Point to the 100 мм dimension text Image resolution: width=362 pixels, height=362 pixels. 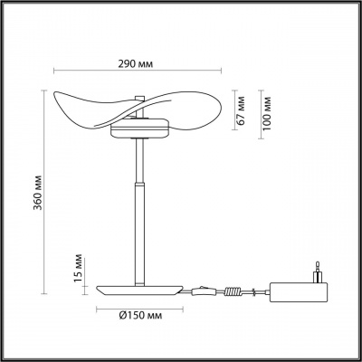coord(267,110)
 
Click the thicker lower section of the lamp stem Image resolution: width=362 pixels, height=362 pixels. coord(139,231)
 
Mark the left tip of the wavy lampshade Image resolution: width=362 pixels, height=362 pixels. coord(59,99)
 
